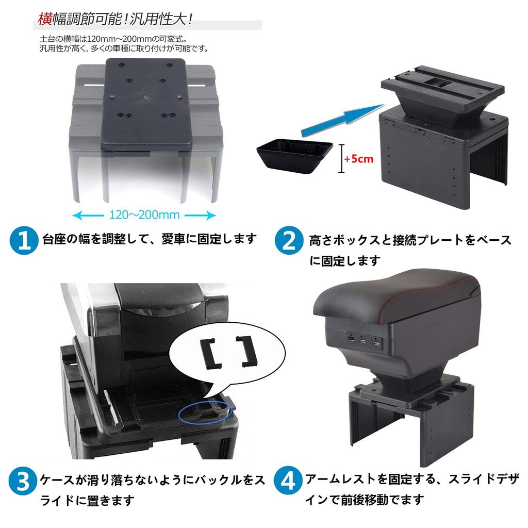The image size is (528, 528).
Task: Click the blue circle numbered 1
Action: click(24, 241)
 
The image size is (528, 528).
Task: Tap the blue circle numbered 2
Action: click(289, 240)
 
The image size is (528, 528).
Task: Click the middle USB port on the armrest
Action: click(362, 341)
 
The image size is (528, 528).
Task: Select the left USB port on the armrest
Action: click(350, 340)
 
